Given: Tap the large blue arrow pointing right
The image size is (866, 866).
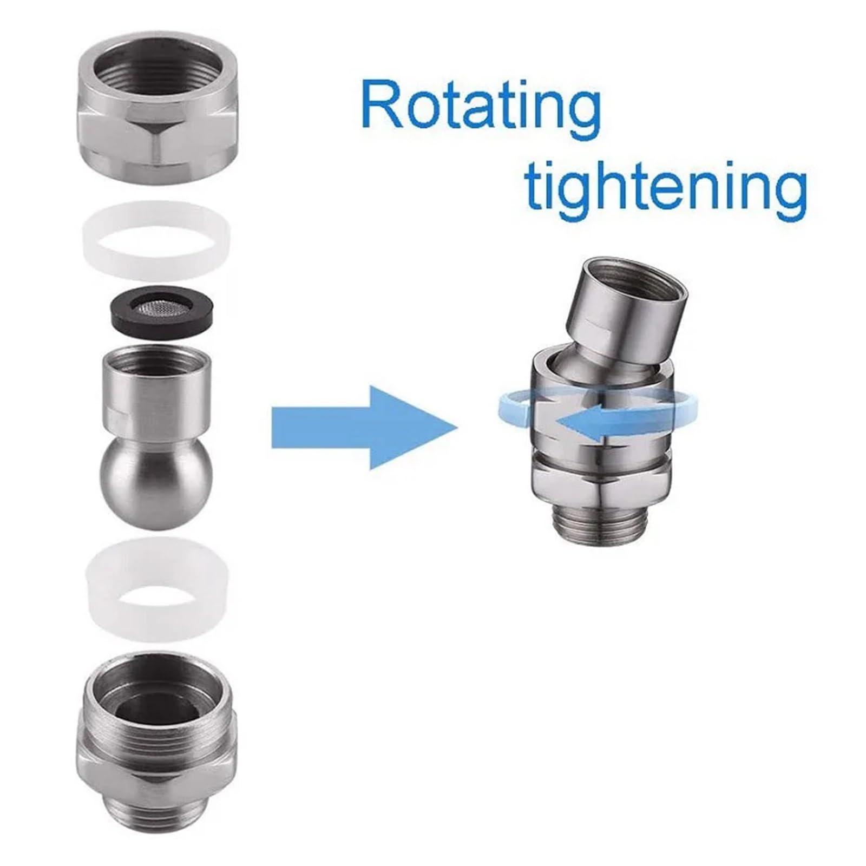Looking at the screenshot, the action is tap(364, 427).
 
